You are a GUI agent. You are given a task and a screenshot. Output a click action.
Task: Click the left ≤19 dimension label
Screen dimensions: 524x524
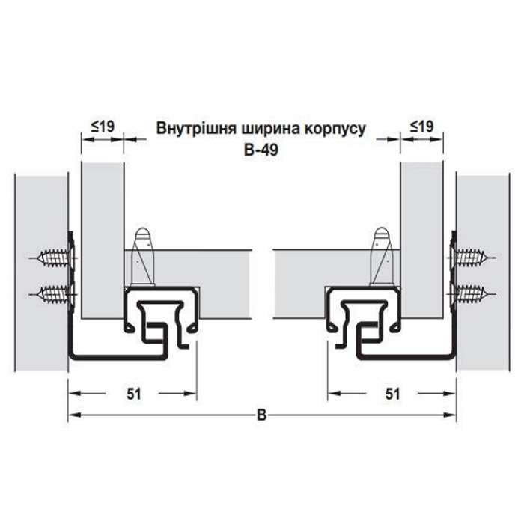pyautogui.click(x=103, y=127)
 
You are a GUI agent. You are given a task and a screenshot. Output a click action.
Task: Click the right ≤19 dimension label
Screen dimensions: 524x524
pyautogui.click(x=421, y=127)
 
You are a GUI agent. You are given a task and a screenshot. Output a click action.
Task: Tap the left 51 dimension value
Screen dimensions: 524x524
pyautogui.click(x=134, y=394)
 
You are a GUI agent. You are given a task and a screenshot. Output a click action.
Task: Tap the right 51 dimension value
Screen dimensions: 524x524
pyautogui.click(x=393, y=394)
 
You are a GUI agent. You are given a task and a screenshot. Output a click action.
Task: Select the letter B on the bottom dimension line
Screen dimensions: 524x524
pyautogui.click(x=262, y=415)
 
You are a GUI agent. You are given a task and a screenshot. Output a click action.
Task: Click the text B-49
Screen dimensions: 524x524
pyautogui.click(x=261, y=150)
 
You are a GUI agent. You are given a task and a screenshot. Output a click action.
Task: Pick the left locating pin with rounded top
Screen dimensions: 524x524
pyautogui.click(x=143, y=257)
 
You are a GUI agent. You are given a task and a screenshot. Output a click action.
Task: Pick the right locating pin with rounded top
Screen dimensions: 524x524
pyautogui.click(x=382, y=257)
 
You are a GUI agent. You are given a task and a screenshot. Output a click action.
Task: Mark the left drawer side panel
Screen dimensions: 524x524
pyautogui.click(x=103, y=240)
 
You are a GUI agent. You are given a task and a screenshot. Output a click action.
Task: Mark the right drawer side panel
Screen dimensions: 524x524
pyautogui.click(x=421, y=240)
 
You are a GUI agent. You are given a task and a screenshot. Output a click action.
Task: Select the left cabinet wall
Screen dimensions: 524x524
pyautogui.click(x=41, y=272)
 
